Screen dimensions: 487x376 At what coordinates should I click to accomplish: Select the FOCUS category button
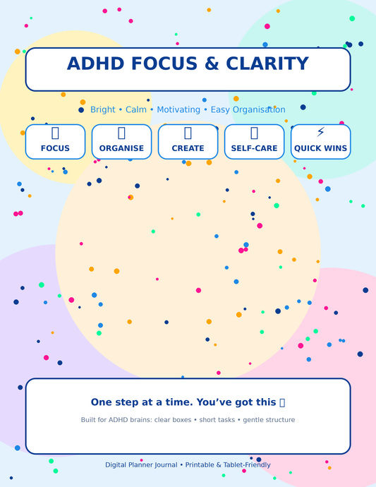coord(55,142)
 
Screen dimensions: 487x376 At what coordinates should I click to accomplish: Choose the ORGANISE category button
coord(121,142)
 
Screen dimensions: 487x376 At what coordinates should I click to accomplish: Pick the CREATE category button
coord(188,142)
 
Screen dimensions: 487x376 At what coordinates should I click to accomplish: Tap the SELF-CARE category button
coord(254,142)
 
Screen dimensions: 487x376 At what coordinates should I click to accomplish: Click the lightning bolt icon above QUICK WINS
coord(320,132)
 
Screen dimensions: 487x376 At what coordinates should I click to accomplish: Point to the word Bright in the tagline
coord(102,110)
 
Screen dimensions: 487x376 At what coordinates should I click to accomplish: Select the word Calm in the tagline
coord(137,110)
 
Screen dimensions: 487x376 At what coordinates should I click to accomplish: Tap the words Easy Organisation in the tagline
coord(247,110)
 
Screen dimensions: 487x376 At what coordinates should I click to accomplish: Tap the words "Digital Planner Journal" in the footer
coord(140,465)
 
